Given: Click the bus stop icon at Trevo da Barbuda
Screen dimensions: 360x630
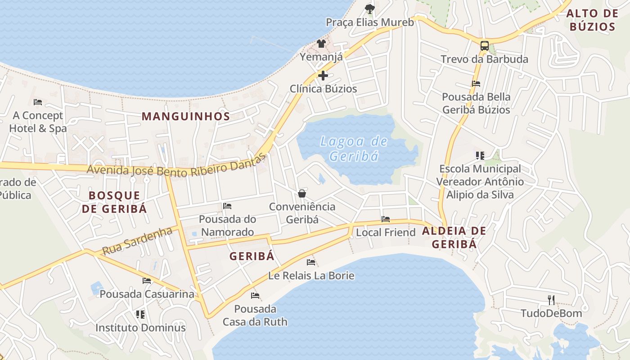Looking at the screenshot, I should click(x=484, y=45).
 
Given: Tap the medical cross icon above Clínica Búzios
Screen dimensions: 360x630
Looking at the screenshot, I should click(x=323, y=76).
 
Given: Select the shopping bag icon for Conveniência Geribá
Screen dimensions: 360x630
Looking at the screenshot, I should click(x=302, y=193).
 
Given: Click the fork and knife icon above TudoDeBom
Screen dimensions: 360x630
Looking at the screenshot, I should click(x=551, y=300).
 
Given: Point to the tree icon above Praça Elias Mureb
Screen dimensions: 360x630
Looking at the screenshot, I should click(x=369, y=9).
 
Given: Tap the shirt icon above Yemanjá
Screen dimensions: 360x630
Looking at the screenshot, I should click(x=321, y=44).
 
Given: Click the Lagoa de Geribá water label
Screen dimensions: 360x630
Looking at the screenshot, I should click(x=353, y=148).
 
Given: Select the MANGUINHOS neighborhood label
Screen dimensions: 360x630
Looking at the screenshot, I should click(x=186, y=116).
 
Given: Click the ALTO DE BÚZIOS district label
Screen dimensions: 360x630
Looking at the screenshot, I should click(x=592, y=20).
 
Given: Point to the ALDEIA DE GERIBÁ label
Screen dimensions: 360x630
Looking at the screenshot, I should click(x=454, y=238).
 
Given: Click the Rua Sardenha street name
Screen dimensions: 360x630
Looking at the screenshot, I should click(x=137, y=241).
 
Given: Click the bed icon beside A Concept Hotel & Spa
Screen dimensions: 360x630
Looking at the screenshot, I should click(x=38, y=102).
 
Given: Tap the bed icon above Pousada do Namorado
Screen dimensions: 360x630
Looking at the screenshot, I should click(x=227, y=206).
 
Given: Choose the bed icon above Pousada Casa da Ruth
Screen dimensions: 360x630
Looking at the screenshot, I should click(x=255, y=296).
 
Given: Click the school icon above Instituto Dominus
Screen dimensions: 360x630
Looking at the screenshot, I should click(x=140, y=314).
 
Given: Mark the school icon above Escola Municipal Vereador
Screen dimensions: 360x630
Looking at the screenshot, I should click(x=480, y=156).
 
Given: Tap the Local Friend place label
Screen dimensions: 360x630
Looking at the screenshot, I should click(x=386, y=232).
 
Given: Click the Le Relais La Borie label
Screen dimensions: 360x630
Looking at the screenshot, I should click(x=311, y=275).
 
